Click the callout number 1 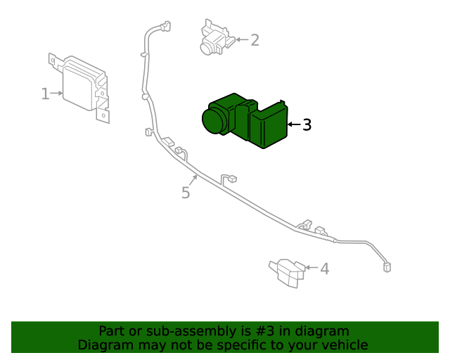(x=45, y=94)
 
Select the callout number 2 (x=255, y=40)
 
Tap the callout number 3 (x=307, y=125)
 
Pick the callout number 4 (x=324, y=269)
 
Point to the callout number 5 (x=186, y=193)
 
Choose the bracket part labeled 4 (x=287, y=272)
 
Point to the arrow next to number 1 (x=58, y=93)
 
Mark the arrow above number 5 (x=193, y=179)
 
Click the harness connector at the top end (x=166, y=27)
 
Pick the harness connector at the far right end (x=387, y=266)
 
